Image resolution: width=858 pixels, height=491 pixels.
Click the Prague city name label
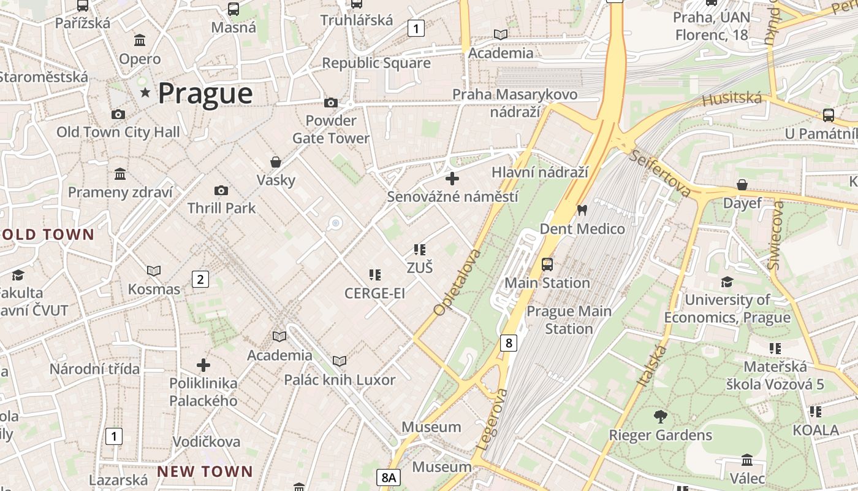[x=205, y=94]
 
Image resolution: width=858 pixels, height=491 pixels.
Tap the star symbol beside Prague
[x=145, y=93]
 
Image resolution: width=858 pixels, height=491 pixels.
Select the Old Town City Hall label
[x=118, y=132]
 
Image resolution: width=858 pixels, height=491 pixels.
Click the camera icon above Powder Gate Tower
[x=331, y=102]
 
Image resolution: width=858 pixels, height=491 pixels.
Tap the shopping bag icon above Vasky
[x=276, y=162]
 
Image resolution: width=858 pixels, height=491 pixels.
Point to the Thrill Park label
[x=221, y=208]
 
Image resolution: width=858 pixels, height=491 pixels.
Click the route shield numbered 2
[x=200, y=279]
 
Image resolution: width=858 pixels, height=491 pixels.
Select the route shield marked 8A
[x=389, y=477]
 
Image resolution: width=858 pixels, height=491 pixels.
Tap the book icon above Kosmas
[x=153, y=271]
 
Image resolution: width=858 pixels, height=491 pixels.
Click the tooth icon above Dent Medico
[x=582, y=211]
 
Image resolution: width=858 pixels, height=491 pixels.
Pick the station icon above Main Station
[x=547, y=265]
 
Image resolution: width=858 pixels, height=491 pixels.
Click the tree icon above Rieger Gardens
[x=660, y=417]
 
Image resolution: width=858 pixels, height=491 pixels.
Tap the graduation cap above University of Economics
[x=727, y=282]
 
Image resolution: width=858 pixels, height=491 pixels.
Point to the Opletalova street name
[x=457, y=282]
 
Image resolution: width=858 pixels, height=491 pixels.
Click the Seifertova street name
[x=660, y=173]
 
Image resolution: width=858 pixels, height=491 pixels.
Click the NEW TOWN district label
[x=205, y=471]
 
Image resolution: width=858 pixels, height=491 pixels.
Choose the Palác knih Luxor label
[x=340, y=380]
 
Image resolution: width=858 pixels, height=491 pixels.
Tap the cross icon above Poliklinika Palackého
[x=203, y=366]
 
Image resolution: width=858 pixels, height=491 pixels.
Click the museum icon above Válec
[x=747, y=460]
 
